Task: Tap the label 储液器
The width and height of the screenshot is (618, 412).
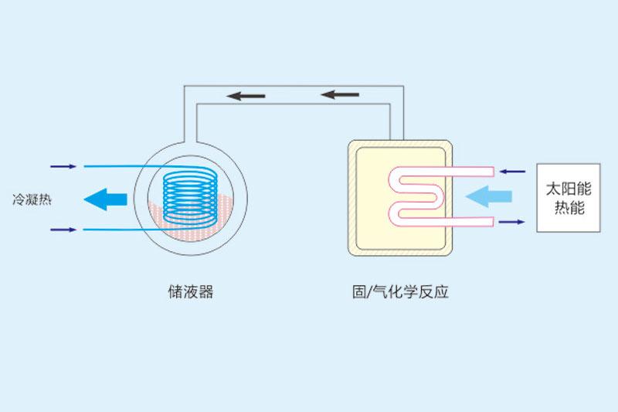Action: (x=189, y=292)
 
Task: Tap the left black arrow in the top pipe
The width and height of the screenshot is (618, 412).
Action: (x=246, y=96)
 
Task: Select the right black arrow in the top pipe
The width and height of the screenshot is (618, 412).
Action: (x=340, y=95)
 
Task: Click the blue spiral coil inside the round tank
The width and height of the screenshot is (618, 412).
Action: (x=189, y=197)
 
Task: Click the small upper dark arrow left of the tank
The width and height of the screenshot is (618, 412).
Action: (x=63, y=166)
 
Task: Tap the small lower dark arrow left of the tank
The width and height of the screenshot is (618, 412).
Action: (x=63, y=230)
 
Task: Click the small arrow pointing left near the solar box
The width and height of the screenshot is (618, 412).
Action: (x=512, y=171)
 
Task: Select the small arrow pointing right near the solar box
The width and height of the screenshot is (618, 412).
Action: (x=511, y=222)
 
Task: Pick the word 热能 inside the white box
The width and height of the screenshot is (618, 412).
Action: (x=569, y=208)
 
